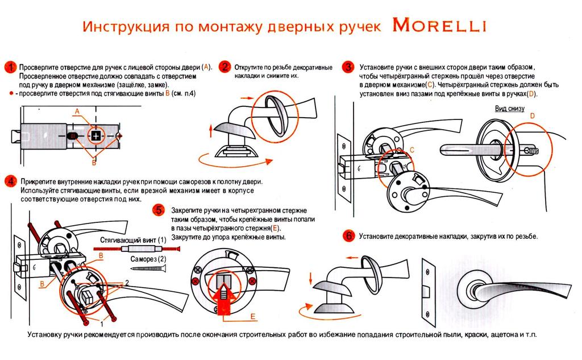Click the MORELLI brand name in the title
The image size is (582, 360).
(x=439, y=25)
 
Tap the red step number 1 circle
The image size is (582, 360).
(x=11, y=67)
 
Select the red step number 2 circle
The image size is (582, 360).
(x=225, y=67)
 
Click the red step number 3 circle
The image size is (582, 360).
(x=348, y=67)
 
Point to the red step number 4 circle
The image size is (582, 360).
(x=11, y=181)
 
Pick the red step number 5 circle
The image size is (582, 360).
(x=159, y=210)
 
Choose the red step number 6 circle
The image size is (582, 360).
(x=348, y=235)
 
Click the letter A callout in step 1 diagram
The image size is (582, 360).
(x=77, y=111)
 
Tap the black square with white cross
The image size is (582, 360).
(x=95, y=136)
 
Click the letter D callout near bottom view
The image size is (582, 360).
(x=532, y=116)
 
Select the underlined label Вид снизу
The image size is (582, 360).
(x=510, y=109)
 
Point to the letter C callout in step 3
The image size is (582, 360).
(x=411, y=150)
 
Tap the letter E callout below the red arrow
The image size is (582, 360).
(x=253, y=317)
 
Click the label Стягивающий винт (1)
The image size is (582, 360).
(x=133, y=240)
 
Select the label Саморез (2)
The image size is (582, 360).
(x=148, y=259)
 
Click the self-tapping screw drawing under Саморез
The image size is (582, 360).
(x=148, y=268)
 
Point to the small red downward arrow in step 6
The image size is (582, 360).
(x=310, y=278)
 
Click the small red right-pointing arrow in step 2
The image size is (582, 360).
(x=247, y=98)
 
